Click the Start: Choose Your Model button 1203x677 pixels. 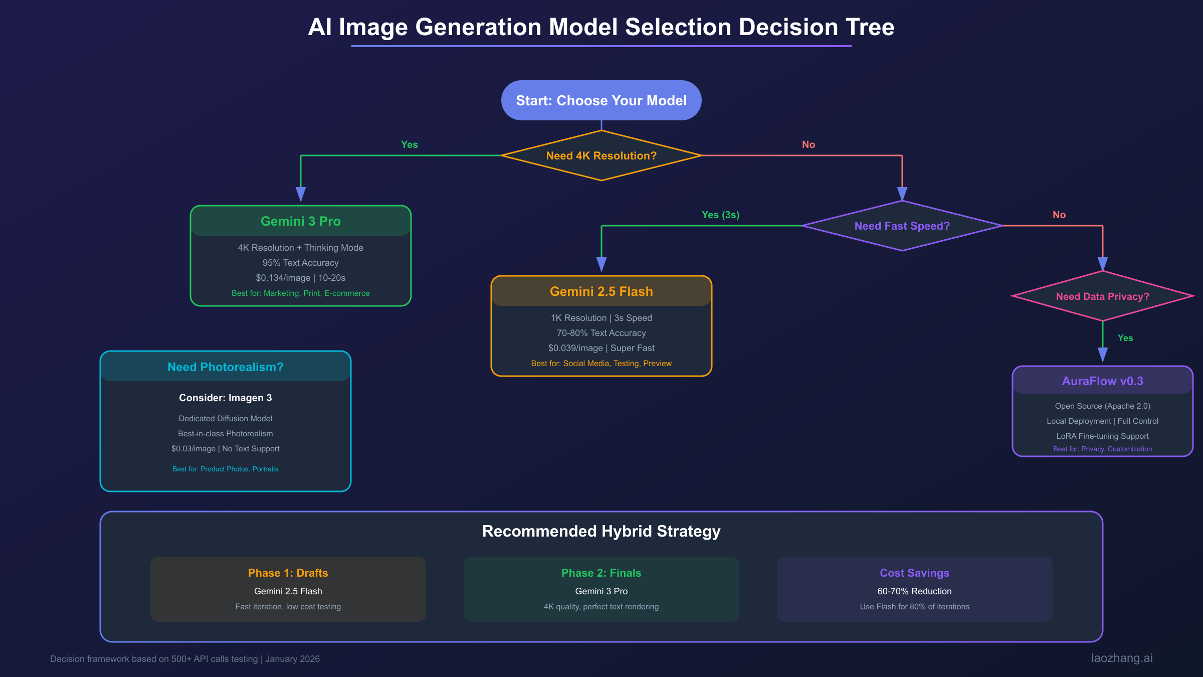click(601, 100)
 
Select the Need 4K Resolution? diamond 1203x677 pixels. click(601, 155)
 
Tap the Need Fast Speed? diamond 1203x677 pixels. click(902, 226)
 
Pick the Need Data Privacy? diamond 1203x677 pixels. click(1102, 296)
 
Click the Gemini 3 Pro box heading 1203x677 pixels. click(301, 221)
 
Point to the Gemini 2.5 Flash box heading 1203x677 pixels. click(601, 291)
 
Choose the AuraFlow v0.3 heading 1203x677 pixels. click(1102, 381)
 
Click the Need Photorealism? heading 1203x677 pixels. click(225, 367)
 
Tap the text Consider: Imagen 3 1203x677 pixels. click(225, 398)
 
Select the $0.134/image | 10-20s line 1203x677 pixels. click(300, 278)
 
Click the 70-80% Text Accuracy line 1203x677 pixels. click(601, 333)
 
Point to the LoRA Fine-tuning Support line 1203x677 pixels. click(1102, 436)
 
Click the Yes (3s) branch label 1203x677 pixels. click(720, 215)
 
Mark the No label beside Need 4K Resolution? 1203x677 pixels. click(808, 144)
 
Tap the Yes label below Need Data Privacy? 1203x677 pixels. click(1125, 338)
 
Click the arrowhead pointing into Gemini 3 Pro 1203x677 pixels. click(301, 194)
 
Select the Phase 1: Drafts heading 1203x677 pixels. click(288, 573)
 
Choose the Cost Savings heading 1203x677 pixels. click(914, 573)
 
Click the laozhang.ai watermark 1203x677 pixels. click(1122, 658)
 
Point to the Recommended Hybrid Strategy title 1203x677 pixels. click(601, 531)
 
